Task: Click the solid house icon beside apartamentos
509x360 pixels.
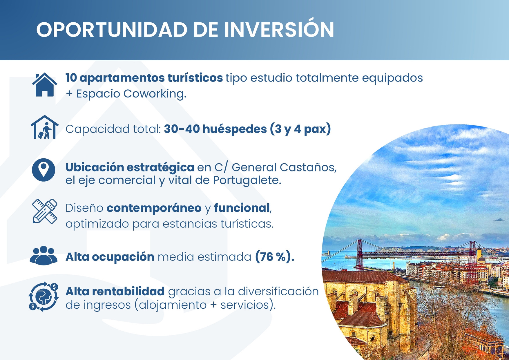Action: point(44,84)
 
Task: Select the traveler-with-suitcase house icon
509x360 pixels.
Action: point(44,128)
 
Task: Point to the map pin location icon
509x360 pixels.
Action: point(44,170)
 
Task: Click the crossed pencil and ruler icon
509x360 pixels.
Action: point(44,211)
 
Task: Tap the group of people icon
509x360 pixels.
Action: point(44,256)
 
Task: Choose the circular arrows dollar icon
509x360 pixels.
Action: point(44,297)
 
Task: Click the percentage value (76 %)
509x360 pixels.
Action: point(274,257)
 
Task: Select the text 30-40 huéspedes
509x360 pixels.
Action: point(215,129)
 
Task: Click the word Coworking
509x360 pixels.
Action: point(154,94)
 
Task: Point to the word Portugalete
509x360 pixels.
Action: point(247,180)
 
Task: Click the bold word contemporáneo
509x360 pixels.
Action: point(154,208)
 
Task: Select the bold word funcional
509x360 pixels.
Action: point(242,208)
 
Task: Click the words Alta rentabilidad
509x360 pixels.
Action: point(115,291)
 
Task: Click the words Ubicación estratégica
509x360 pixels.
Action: point(130,167)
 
